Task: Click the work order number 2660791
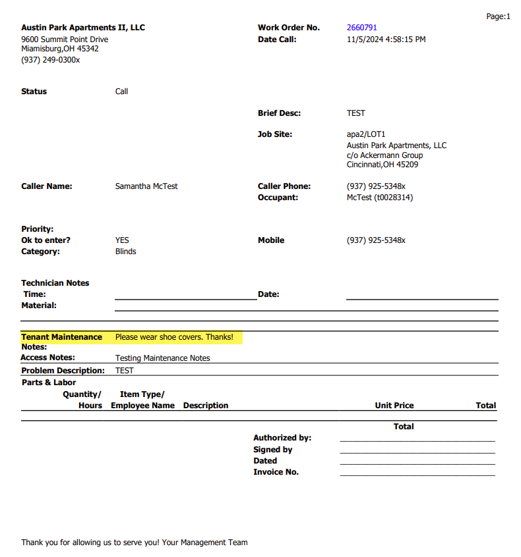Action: [x=362, y=28]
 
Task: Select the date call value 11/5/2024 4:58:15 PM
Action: [x=386, y=40]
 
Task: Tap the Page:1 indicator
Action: [x=498, y=16]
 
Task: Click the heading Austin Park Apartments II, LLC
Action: [x=83, y=28]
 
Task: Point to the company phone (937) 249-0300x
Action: [x=51, y=60]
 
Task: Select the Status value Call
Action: [x=121, y=92]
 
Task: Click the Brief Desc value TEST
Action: [x=356, y=113]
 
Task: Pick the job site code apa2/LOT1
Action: [x=366, y=134]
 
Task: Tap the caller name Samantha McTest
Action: [x=146, y=186]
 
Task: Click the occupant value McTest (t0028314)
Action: [x=380, y=198]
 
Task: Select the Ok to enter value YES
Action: [x=122, y=240]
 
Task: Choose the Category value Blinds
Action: [x=125, y=252]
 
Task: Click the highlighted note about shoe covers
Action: [x=174, y=337]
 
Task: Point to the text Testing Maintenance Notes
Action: [x=162, y=358]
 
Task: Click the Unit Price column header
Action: [x=394, y=406]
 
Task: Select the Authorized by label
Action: [x=282, y=438]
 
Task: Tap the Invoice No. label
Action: [x=276, y=472]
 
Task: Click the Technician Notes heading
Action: [x=55, y=283]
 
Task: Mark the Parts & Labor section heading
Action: [x=49, y=383]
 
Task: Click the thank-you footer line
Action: [x=135, y=543]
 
